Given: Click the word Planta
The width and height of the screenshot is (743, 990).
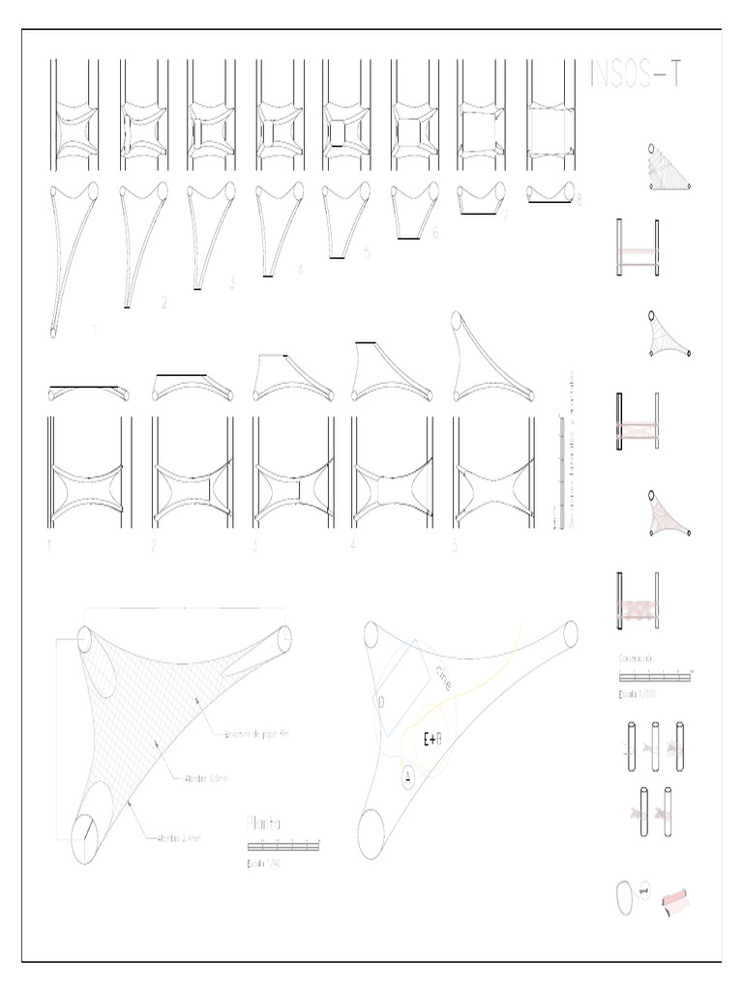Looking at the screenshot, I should (263, 824).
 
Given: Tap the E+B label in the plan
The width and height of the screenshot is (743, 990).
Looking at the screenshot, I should (432, 740).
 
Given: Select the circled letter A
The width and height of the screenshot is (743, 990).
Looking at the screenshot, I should (407, 775).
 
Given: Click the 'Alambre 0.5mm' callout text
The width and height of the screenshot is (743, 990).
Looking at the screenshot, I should (199, 776).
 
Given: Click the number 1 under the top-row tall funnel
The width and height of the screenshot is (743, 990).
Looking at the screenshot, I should (94, 329).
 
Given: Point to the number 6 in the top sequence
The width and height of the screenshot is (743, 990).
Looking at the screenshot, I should (435, 233).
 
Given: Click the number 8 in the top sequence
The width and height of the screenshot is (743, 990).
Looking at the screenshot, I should (579, 201).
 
